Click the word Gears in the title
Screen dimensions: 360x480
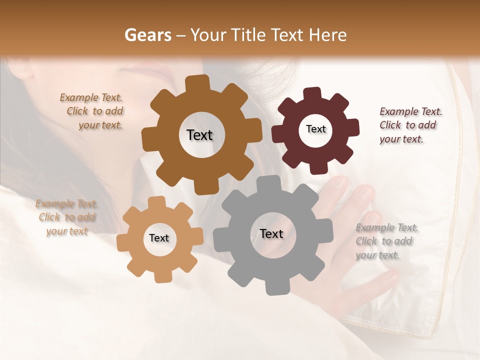(x=147, y=35)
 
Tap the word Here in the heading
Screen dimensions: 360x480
(x=327, y=35)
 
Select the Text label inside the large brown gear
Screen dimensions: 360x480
(x=199, y=135)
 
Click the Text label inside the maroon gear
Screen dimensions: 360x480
(x=315, y=129)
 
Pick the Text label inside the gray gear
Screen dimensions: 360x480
(x=271, y=233)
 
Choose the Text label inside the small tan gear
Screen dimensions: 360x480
(x=159, y=238)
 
